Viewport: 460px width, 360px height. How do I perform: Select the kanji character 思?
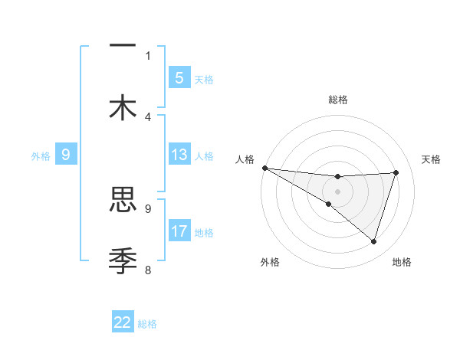[123, 200]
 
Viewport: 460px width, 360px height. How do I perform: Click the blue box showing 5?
[179, 77]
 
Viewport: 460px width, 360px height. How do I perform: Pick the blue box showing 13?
[179, 155]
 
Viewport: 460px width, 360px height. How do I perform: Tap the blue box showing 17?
[179, 231]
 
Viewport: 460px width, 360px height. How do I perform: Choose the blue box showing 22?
[123, 322]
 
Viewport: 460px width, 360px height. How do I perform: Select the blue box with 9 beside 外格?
[66, 155]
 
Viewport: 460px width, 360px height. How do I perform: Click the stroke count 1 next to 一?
[148, 55]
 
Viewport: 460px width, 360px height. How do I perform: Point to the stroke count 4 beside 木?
[148, 116]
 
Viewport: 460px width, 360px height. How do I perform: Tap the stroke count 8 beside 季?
[148, 270]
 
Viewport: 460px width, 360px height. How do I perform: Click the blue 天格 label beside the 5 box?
[204, 80]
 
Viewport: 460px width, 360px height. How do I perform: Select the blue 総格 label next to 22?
[147, 324]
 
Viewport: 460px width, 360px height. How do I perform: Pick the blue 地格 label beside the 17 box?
[204, 233]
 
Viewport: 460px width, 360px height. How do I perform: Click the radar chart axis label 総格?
[337, 100]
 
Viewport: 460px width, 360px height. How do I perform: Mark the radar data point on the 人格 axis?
[264, 167]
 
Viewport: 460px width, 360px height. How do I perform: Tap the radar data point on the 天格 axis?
[396, 172]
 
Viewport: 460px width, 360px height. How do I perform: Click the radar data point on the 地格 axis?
[374, 241]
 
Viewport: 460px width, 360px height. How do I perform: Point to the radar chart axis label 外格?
[270, 263]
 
